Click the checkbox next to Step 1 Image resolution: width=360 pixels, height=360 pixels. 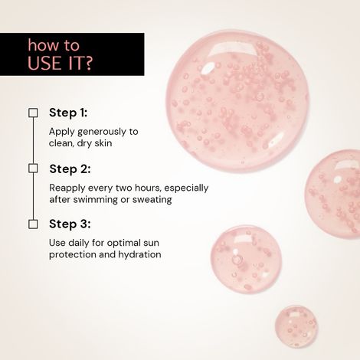coord(33,113)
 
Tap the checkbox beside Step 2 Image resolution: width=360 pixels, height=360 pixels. coord(33,168)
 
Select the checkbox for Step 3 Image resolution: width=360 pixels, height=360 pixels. coord(33,224)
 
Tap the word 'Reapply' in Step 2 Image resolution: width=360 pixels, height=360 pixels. coord(67,187)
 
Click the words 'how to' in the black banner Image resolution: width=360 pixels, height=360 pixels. coord(53,44)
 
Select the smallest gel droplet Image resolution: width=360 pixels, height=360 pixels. coord(296,326)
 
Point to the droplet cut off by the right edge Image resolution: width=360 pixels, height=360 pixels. coord(335,192)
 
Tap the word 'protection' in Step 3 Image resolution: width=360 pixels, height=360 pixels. coord(73,254)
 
